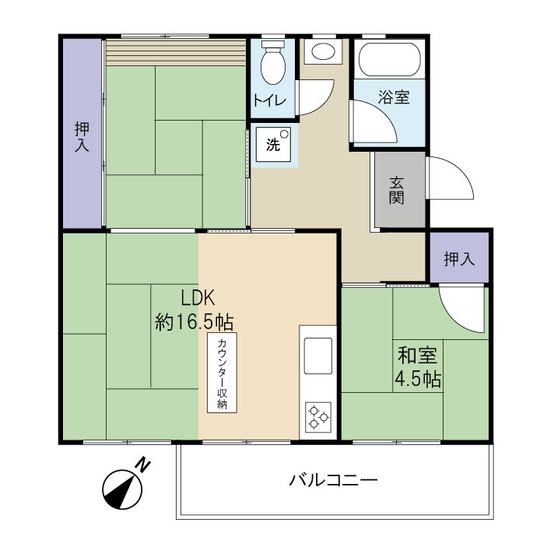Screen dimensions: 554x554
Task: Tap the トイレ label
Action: pos(269,100)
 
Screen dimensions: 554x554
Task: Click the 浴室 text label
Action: pos(394,97)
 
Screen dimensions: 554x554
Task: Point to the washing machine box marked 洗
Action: pos(273,144)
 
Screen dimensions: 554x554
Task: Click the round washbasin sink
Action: pos(323,51)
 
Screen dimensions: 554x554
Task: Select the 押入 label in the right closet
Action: pos(459,259)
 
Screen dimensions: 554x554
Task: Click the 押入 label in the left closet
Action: pos(82,137)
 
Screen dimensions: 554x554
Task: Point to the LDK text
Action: pos(198,297)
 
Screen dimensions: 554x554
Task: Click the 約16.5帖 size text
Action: pos(195,321)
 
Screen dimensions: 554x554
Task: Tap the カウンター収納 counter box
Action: pos(222,373)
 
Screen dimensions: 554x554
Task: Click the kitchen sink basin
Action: pos(318,356)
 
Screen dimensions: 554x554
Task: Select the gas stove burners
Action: pos(318,417)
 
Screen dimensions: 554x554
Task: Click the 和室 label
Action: pos(417,356)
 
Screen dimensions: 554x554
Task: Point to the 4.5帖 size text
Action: pos(418,379)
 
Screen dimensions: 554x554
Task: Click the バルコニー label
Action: pos(334,480)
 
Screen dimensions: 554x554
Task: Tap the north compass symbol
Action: pos(122,489)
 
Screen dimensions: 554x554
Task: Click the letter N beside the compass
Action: pos(143,465)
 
